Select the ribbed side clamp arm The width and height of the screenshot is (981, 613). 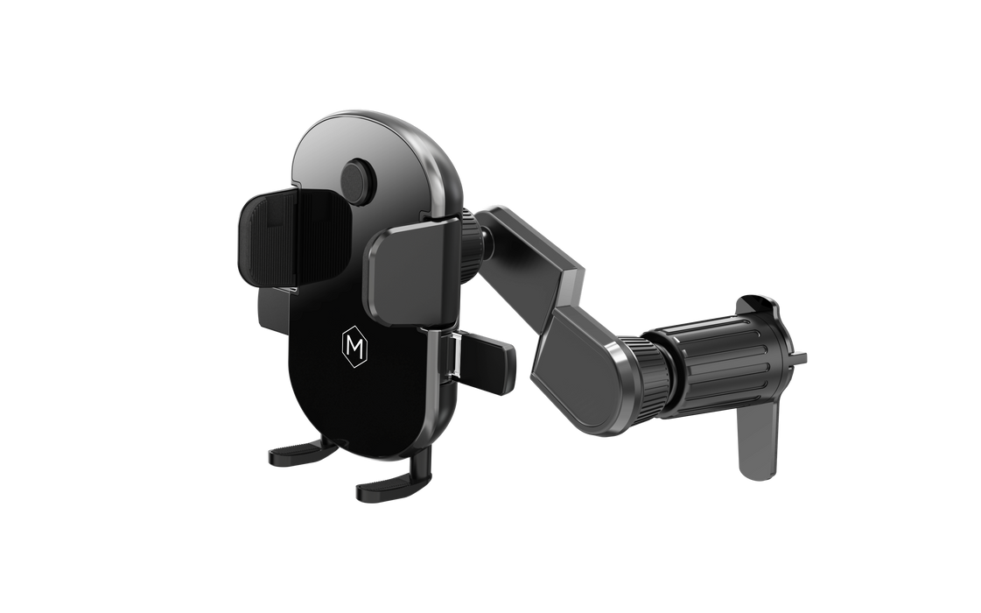click(x=294, y=237)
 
